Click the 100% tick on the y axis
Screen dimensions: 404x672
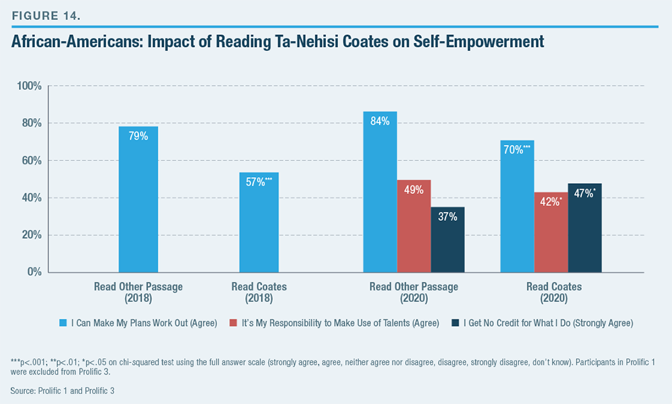tap(30, 87)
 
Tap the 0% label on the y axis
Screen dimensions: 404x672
tap(35, 272)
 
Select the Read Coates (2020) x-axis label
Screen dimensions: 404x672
tap(554, 292)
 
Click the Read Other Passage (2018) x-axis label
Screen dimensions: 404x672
tap(138, 292)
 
